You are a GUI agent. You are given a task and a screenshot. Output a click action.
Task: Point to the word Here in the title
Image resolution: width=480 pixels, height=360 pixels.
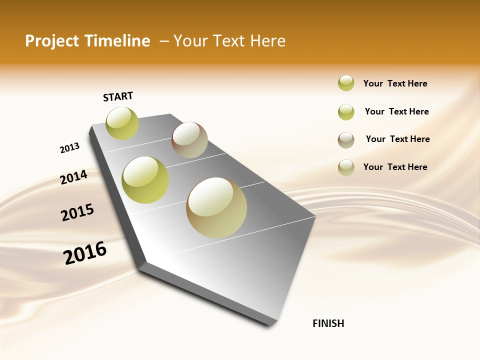[267, 41]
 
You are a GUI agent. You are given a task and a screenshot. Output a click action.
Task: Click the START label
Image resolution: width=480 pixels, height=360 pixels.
[118, 96]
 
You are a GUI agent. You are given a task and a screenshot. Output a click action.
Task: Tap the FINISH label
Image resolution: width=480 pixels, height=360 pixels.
[328, 323]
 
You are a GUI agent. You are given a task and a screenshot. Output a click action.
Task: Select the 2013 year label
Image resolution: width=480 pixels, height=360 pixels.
[69, 148]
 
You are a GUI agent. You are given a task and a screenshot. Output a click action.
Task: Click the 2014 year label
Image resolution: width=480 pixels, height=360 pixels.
[73, 177]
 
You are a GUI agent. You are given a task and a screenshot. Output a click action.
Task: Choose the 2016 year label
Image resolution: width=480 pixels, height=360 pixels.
[85, 253]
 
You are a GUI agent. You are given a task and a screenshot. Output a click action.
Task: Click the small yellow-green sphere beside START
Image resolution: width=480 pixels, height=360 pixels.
[122, 123]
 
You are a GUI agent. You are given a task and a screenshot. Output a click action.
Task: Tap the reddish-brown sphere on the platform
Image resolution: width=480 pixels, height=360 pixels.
[190, 140]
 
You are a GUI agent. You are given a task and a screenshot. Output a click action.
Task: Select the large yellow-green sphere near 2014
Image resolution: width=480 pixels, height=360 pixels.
[145, 180]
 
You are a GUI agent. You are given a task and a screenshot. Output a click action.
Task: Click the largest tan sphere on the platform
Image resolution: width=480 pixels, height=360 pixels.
[216, 207]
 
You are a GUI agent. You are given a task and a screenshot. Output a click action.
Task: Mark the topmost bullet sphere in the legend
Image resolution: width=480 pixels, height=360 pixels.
[346, 83]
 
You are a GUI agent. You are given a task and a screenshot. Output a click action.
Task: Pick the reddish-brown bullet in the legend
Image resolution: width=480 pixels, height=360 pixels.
[346, 139]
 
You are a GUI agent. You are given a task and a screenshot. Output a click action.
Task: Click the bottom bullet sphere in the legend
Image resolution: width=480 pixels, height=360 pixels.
[346, 167]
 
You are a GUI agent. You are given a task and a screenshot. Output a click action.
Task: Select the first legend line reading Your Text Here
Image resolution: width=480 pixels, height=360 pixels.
[395, 83]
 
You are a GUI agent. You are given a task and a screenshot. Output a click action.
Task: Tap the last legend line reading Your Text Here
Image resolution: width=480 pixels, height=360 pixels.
[395, 167]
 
